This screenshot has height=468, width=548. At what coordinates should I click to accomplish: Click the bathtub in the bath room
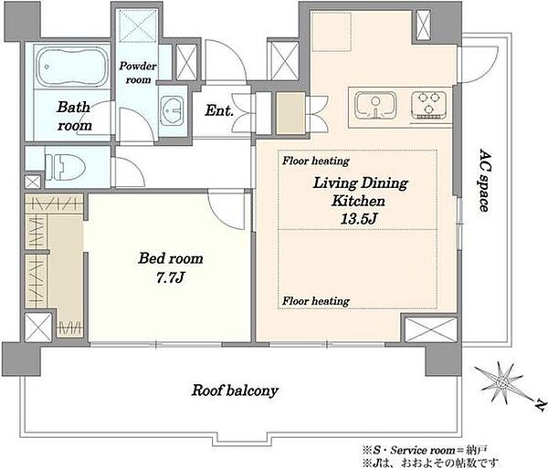(72, 67)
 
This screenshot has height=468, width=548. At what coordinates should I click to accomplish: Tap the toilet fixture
(66, 167)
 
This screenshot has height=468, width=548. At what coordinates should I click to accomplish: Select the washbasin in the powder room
(172, 110)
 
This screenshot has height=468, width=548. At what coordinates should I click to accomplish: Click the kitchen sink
(375, 105)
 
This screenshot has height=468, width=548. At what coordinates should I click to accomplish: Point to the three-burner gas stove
(429, 105)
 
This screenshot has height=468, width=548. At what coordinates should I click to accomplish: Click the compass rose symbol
(501, 383)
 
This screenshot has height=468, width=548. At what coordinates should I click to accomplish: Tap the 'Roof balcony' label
(235, 390)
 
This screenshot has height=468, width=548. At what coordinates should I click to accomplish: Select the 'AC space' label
(484, 181)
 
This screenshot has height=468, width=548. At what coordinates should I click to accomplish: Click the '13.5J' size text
(359, 219)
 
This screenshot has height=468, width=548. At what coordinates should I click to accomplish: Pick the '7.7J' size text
(170, 278)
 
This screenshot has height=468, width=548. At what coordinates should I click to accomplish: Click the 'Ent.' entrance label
(219, 110)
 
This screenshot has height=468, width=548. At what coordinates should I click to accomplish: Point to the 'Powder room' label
(138, 73)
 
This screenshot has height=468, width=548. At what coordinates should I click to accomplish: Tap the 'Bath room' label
(74, 116)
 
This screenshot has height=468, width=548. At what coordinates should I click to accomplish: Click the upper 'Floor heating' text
(316, 161)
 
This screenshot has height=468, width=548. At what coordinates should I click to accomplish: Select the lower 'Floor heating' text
(316, 301)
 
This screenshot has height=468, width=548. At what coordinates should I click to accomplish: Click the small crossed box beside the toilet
(33, 182)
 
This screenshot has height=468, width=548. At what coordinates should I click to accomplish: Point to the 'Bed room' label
(171, 258)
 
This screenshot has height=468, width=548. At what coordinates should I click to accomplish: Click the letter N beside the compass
(541, 404)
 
